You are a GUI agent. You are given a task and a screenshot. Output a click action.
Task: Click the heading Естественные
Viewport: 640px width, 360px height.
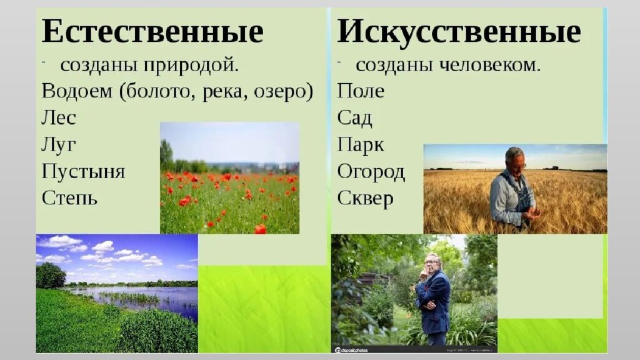152,32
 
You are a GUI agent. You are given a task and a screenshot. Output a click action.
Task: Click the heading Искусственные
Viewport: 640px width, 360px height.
459,32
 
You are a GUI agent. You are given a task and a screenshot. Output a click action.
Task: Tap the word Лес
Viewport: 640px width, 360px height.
59,117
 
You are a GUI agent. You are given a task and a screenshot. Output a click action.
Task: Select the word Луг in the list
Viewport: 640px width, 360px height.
59,144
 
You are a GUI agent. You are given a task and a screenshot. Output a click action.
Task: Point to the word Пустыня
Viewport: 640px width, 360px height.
83,172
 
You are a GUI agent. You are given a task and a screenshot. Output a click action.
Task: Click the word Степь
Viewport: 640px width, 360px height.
69,198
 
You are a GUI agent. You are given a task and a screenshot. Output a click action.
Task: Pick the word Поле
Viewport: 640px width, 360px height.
361,91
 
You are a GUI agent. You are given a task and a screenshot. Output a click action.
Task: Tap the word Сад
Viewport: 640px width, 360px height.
354,118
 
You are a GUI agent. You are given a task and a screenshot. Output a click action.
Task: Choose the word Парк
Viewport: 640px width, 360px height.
361,145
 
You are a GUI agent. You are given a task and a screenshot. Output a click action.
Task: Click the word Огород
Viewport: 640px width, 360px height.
371,172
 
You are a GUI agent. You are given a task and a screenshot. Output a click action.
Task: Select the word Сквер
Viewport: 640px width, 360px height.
366,198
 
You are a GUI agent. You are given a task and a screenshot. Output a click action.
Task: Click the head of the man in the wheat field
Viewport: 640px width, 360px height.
514,159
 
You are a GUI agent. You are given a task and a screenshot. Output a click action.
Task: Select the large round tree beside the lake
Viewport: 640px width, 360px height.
50,276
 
